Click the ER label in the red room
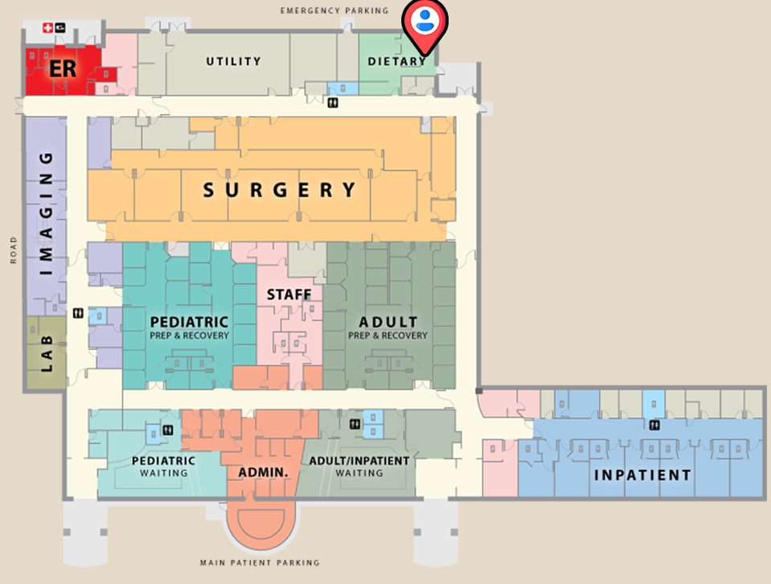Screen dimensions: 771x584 [63, 68]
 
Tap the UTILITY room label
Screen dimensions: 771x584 [233, 61]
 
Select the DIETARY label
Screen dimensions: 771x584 [396, 61]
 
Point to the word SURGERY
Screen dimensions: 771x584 [280, 190]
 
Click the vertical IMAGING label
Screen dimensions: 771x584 [47, 213]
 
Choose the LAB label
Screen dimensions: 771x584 [47, 354]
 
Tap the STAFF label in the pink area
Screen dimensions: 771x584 [289, 295]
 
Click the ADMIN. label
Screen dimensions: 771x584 [263, 471]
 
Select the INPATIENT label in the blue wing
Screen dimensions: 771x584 [642, 475]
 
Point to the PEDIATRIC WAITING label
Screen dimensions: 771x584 [164, 467]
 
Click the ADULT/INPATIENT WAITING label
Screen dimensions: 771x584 [359, 467]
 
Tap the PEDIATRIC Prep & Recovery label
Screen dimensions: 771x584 [190, 327]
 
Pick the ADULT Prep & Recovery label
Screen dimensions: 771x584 [388, 327]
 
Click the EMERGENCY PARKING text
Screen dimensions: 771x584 [334, 10]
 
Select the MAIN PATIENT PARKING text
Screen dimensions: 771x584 [260, 563]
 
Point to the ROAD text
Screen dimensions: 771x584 [14, 250]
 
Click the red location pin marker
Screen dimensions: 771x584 [425, 24]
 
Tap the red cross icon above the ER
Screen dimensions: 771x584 [47, 28]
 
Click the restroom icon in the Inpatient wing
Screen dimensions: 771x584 [654, 425]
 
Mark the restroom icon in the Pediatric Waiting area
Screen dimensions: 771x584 [167, 430]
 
